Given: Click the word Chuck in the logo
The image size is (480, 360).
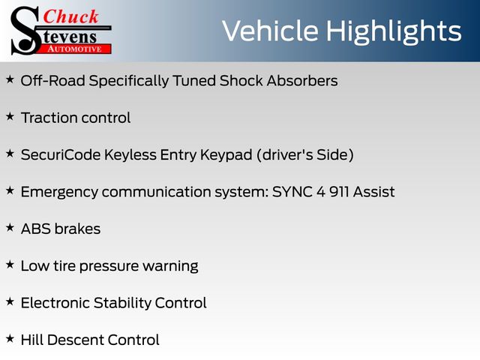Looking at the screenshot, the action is [70, 16].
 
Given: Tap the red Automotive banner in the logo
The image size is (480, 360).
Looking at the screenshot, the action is [75, 49].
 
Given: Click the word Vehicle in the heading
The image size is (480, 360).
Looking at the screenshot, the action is [270, 31].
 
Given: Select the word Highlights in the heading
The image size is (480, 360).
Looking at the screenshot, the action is [393, 32].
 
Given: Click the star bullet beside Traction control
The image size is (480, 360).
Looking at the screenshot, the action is [10, 116].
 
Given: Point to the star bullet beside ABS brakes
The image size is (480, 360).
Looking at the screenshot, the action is [10, 227].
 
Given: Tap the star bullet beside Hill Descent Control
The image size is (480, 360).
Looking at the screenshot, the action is [10, 338].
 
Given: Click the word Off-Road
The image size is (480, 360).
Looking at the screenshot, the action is [53, 81].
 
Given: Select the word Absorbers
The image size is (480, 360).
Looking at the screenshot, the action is [302, 81].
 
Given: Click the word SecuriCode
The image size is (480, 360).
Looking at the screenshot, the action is [61, 154].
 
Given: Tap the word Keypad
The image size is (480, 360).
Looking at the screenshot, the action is [226, 155].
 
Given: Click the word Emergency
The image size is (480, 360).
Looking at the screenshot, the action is [60, 193].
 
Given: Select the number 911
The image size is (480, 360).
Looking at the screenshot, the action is [339, 192].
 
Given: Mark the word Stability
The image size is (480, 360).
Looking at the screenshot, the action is [122, 304].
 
